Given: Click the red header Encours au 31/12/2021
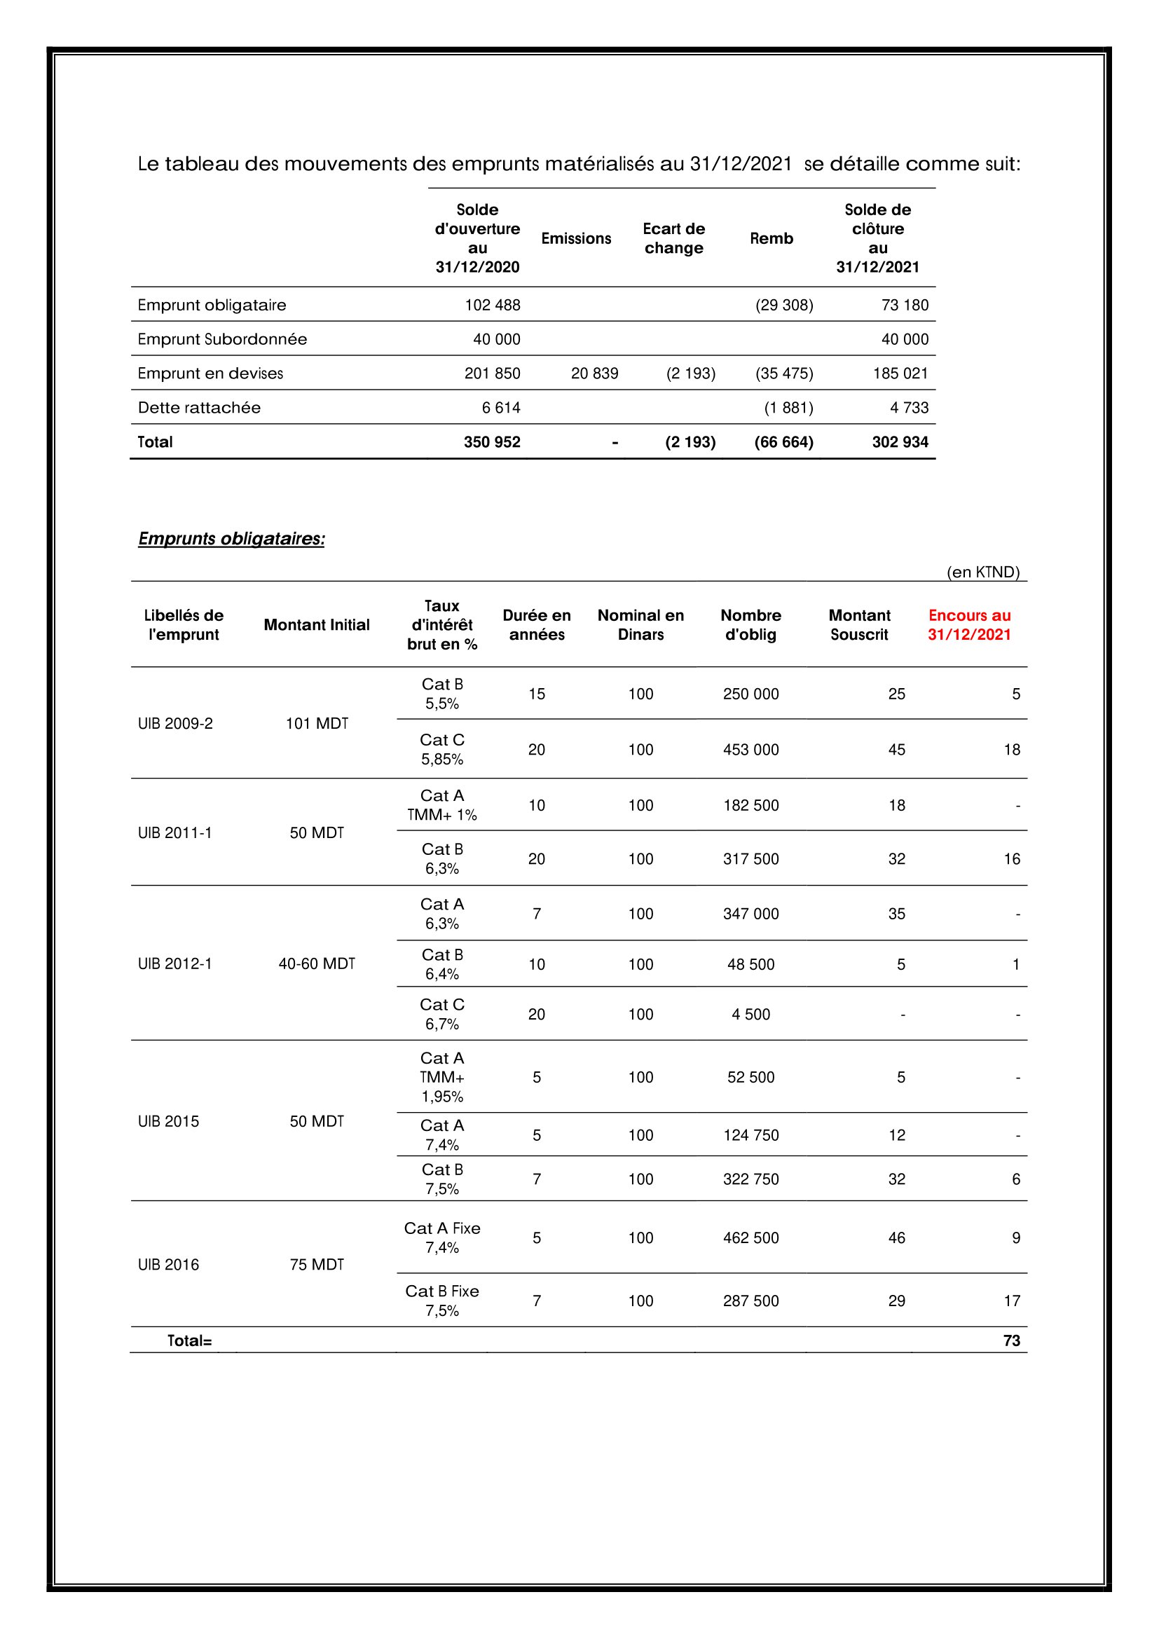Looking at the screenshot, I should pos(968,624).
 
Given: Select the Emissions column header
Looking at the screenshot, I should pos(576,238).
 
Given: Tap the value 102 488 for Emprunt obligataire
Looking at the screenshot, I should pos(493,305).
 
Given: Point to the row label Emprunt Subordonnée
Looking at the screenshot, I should pos(222,339).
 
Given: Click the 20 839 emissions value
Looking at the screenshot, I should pos(594,373).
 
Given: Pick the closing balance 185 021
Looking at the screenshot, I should pos(900,373).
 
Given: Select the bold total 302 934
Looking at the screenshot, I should pos(900,442).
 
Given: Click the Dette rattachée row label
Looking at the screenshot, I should pos(199,408).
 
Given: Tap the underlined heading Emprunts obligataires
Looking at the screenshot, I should pos(231,538).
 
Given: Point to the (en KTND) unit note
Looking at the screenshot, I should pos(982,572).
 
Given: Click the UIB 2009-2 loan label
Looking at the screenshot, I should pos(175,723).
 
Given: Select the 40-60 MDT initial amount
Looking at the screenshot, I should pos(317,963).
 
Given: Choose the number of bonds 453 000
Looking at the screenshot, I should pos(750,750).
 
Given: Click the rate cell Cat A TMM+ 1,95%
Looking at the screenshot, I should pos(441,1077).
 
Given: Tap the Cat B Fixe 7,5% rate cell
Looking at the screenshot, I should pos(441,1301).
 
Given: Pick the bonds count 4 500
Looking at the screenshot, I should pos(750,1015).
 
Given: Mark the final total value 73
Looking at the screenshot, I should pos(1011,1340).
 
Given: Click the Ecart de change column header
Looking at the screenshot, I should pos(673,238).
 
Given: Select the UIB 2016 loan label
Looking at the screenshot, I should pos(168,1265).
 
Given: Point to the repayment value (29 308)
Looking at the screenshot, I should pos(784,305).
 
